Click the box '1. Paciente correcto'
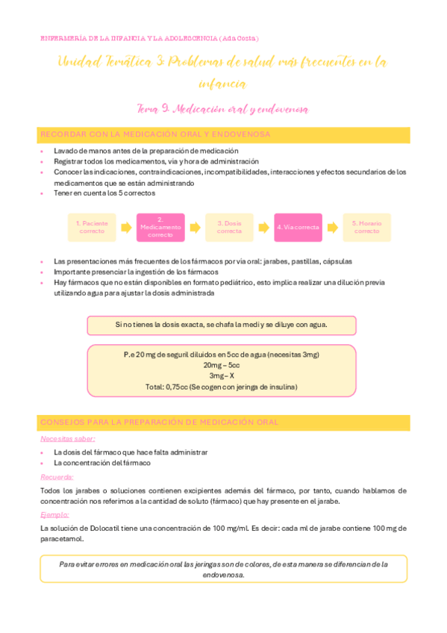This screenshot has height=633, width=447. (x=93, y=227)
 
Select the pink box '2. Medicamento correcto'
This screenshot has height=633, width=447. (x=160, y=227)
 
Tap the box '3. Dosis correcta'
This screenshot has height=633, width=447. (x=229, y=227)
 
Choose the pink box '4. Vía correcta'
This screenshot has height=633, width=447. (x=298, y=227)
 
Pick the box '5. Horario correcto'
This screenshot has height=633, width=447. (x=366, y=227)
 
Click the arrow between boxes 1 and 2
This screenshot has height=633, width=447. (x=125, y=227)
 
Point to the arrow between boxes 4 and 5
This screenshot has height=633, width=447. (x=332, y=227)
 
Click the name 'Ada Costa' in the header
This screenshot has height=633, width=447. (x=240, y=38)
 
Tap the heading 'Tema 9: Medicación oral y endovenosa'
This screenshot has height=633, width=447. (x=223, y=109)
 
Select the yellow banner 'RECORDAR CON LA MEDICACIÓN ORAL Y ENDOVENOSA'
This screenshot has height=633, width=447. (x=223, y=134)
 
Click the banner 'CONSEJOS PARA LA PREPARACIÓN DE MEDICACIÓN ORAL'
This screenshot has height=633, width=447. (x=223, y=422)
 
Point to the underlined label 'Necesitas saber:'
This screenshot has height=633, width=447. (x=63, y=439)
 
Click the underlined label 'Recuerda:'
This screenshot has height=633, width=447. (x=57, y=476)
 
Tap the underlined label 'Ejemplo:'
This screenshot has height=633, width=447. (x=54, y=514)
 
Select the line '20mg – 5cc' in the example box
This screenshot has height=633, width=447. (x=222, y=365)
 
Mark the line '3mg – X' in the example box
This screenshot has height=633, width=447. (x=222, y=376)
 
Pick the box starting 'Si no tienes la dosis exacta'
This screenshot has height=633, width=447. (x=222, y=325)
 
